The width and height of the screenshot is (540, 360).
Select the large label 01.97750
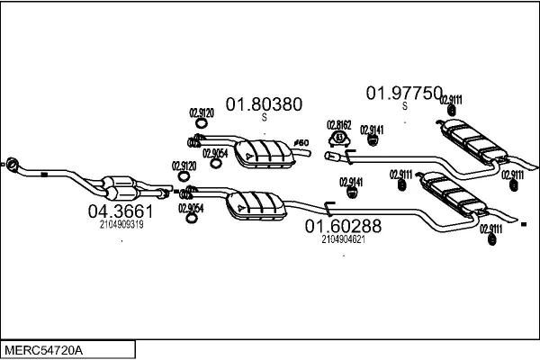pos(404,93)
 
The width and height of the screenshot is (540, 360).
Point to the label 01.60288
pos(343,226)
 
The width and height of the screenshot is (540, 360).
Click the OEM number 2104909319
pos(121,224)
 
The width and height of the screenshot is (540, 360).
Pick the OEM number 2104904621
pos(342,239)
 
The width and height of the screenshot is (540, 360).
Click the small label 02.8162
pos(339,124)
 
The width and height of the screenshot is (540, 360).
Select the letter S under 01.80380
pos(264,117)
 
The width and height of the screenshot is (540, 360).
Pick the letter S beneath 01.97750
pos(404,106)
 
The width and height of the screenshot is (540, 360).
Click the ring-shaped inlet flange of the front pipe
pos(13,163)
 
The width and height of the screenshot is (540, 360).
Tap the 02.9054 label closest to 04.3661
pos(190,207)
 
